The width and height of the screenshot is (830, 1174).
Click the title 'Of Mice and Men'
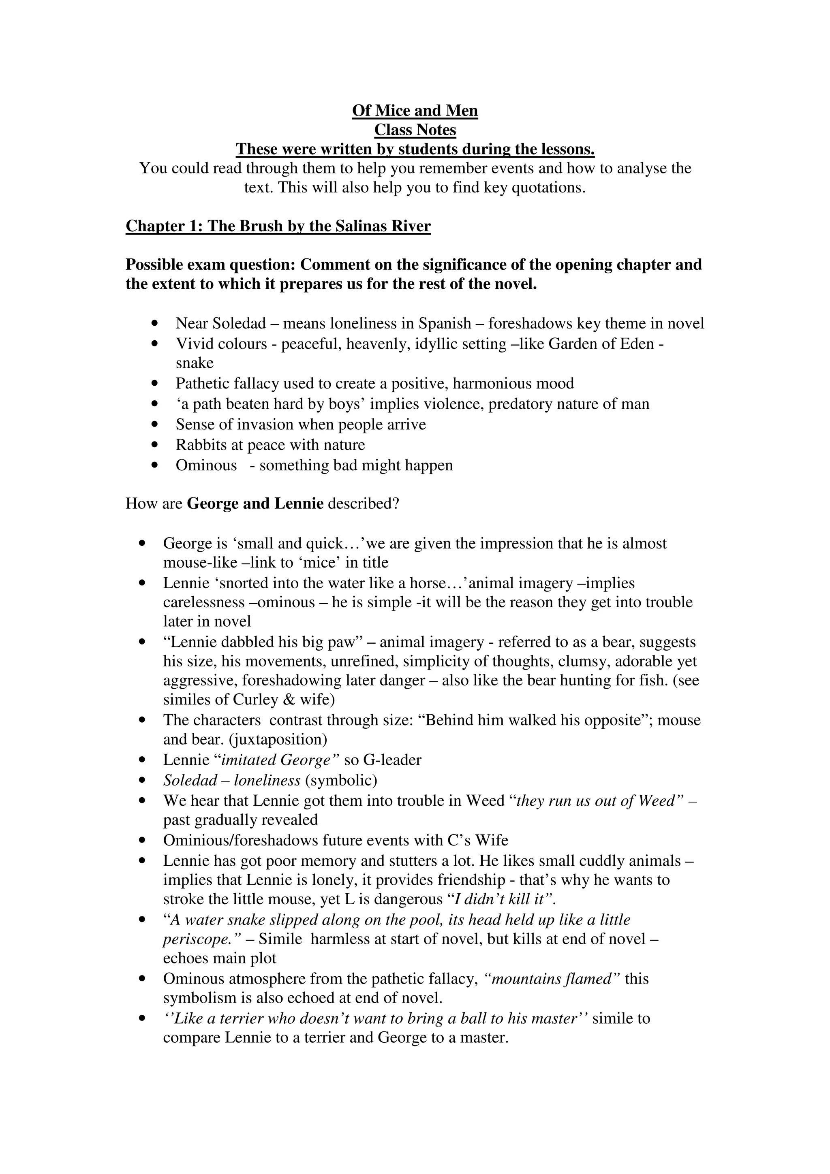click(x=415, y=111)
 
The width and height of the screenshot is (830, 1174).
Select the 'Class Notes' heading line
click(x=415, y=130)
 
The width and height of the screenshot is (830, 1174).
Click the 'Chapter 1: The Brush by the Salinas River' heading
click(x=278, y=226)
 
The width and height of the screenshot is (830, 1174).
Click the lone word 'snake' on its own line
click(x=195, y=363)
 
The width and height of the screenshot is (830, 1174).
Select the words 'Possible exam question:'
click(x=211, y=265)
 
